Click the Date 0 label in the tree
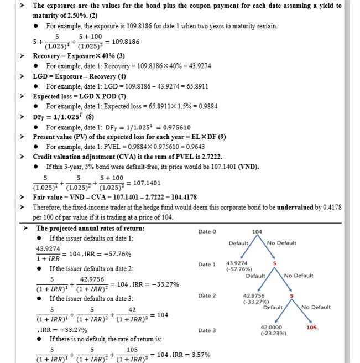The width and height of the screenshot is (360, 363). (207, 231)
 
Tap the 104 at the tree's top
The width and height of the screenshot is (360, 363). (257, 231)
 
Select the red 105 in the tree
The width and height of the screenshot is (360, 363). (311, 328)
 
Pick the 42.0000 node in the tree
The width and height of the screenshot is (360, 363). (271, 328)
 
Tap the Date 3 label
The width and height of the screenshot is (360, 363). (207, 330)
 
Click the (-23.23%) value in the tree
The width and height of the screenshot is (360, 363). (272, 334)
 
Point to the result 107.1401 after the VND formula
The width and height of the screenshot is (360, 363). (147, 183)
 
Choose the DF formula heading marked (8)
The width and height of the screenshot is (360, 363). (65, 117)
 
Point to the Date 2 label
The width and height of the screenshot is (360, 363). (207, 296)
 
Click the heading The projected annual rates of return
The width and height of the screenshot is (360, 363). (90, 228)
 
